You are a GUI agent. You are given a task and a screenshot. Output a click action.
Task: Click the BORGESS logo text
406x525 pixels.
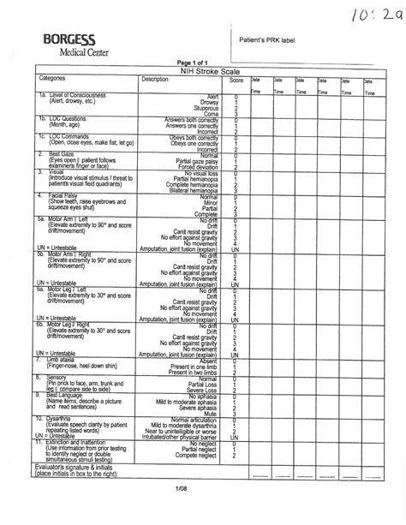click(68, 42)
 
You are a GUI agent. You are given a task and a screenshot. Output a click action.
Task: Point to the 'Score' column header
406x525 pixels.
click(236, 80)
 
